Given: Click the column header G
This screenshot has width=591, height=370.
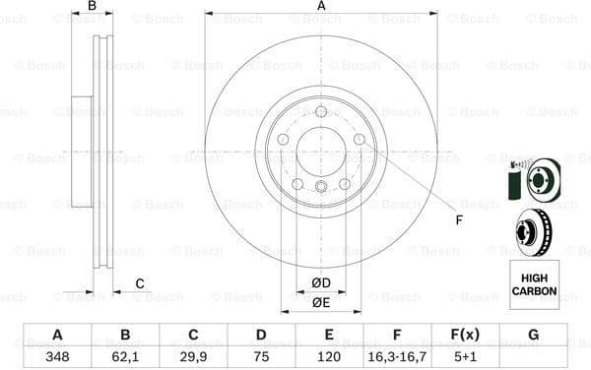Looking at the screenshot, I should [533, 335].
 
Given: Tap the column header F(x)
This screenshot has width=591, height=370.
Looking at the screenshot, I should [465, 335].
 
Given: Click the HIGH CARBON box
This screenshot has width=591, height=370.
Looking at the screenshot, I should [533, 279].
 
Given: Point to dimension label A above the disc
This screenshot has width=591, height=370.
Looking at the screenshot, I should [321, 7].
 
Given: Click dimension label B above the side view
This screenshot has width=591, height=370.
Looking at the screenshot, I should [92, 7].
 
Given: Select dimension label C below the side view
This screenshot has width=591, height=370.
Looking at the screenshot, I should [140, 284].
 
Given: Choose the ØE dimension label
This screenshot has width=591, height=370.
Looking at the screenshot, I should [321, 303].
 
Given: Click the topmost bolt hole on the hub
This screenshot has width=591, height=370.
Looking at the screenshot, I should [321, 114].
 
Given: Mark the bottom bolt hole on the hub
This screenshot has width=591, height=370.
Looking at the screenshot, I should [321, 188].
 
